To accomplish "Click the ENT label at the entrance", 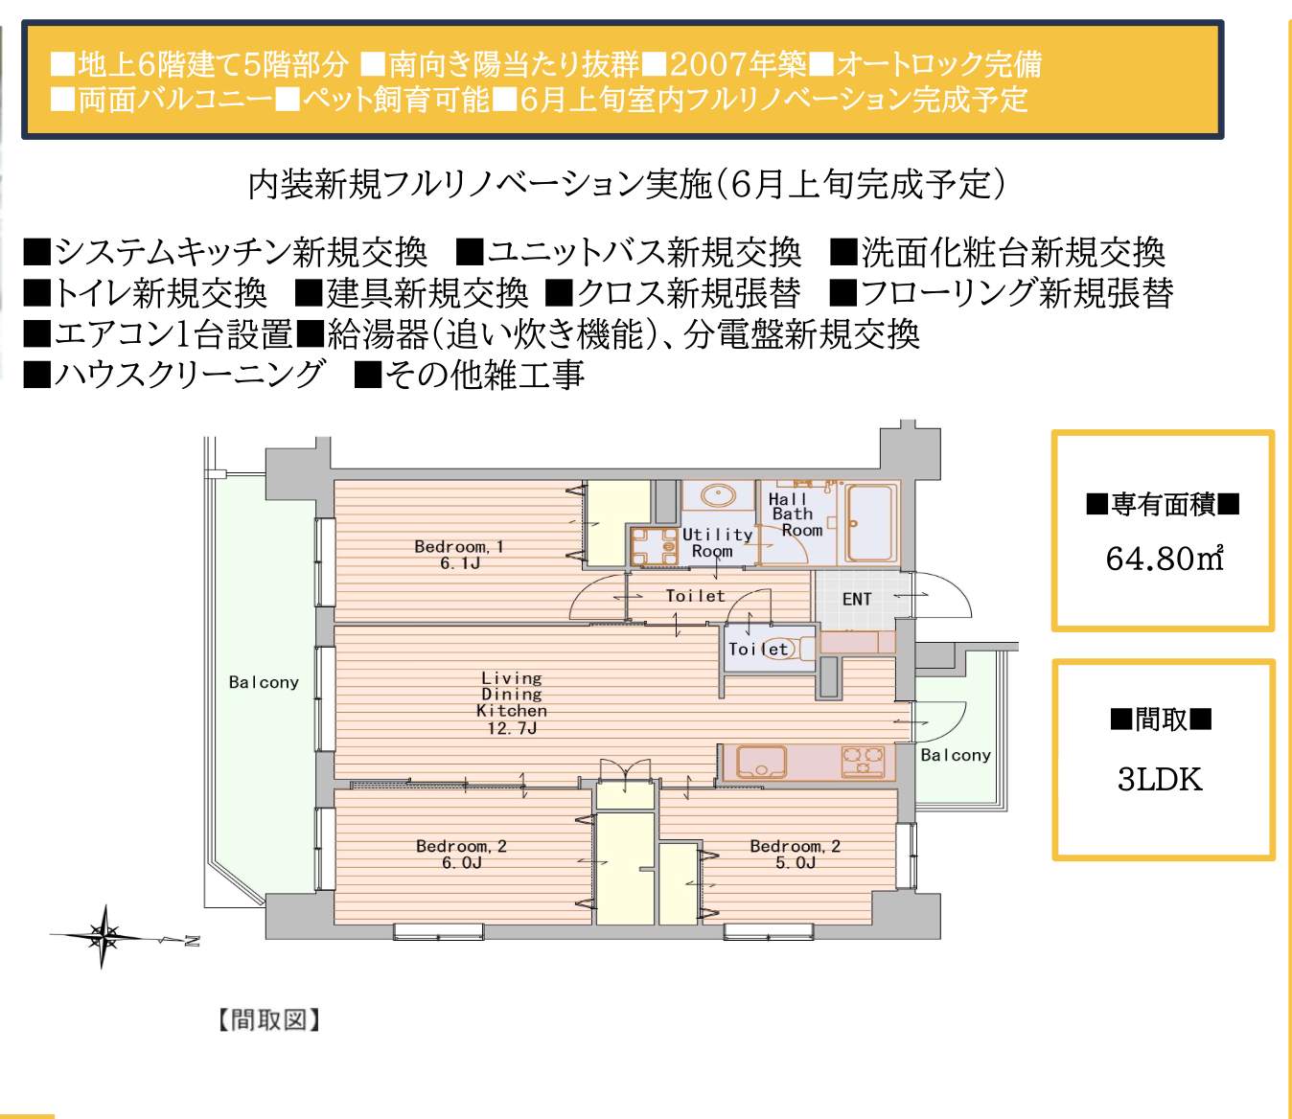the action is coord(856,599).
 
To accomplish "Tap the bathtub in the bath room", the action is coord(869,524).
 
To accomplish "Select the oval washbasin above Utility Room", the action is coord(718,496).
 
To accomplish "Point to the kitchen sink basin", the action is coord(762,762).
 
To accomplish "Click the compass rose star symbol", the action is coord(104,935).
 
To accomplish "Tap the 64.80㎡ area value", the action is coord(1164,559).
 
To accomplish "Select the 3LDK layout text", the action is coord(1160,781).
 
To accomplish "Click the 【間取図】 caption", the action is coord(268,1020).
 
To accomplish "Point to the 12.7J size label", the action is coord(512,728).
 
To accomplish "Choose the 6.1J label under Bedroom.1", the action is coord(459,563).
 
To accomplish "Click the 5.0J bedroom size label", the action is coord(796,863).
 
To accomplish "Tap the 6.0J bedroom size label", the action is coord(461,863).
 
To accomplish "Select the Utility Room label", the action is coord(717,543).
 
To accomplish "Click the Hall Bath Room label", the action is coord(795,514).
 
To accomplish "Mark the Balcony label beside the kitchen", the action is coord(955,755).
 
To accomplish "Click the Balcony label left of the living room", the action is coord(264,682).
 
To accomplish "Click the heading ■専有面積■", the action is coord(1163,505).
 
